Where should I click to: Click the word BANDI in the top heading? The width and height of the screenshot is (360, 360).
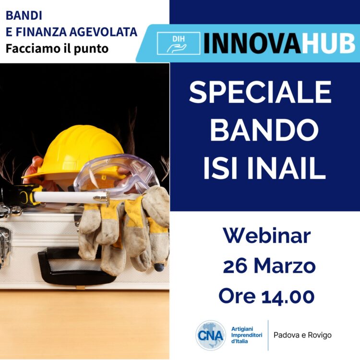tap(24, 16)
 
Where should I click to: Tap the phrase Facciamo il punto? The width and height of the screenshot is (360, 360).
tap(57, 48)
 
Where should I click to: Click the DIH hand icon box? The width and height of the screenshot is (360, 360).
tap(179, 43)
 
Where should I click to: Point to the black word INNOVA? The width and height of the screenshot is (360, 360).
tap(252, 43)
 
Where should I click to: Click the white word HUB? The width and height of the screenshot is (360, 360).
tap(328, 43)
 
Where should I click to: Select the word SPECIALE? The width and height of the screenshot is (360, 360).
tap(260, 92)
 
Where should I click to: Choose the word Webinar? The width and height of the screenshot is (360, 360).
tap(267, 236)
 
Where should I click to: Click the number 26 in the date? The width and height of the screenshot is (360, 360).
tap(235, 266)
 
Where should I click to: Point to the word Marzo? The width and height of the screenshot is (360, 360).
tap(285, 266)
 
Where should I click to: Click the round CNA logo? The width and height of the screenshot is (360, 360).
tap(211, 335)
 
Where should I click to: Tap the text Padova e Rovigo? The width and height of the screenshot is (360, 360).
tap(302, 335)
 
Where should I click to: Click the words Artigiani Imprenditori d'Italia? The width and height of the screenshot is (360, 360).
tap(247, 335)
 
